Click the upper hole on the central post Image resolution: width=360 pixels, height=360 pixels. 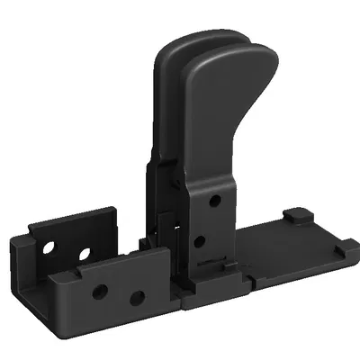coord(215,201)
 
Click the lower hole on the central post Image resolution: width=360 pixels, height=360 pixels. coord(200,240)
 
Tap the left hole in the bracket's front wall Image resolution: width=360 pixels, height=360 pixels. coord(101,291)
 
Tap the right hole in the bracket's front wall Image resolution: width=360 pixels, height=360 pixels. coord(137,298)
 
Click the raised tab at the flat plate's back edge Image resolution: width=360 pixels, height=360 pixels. coord(295,217)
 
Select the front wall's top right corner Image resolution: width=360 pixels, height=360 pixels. coord(167,253)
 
